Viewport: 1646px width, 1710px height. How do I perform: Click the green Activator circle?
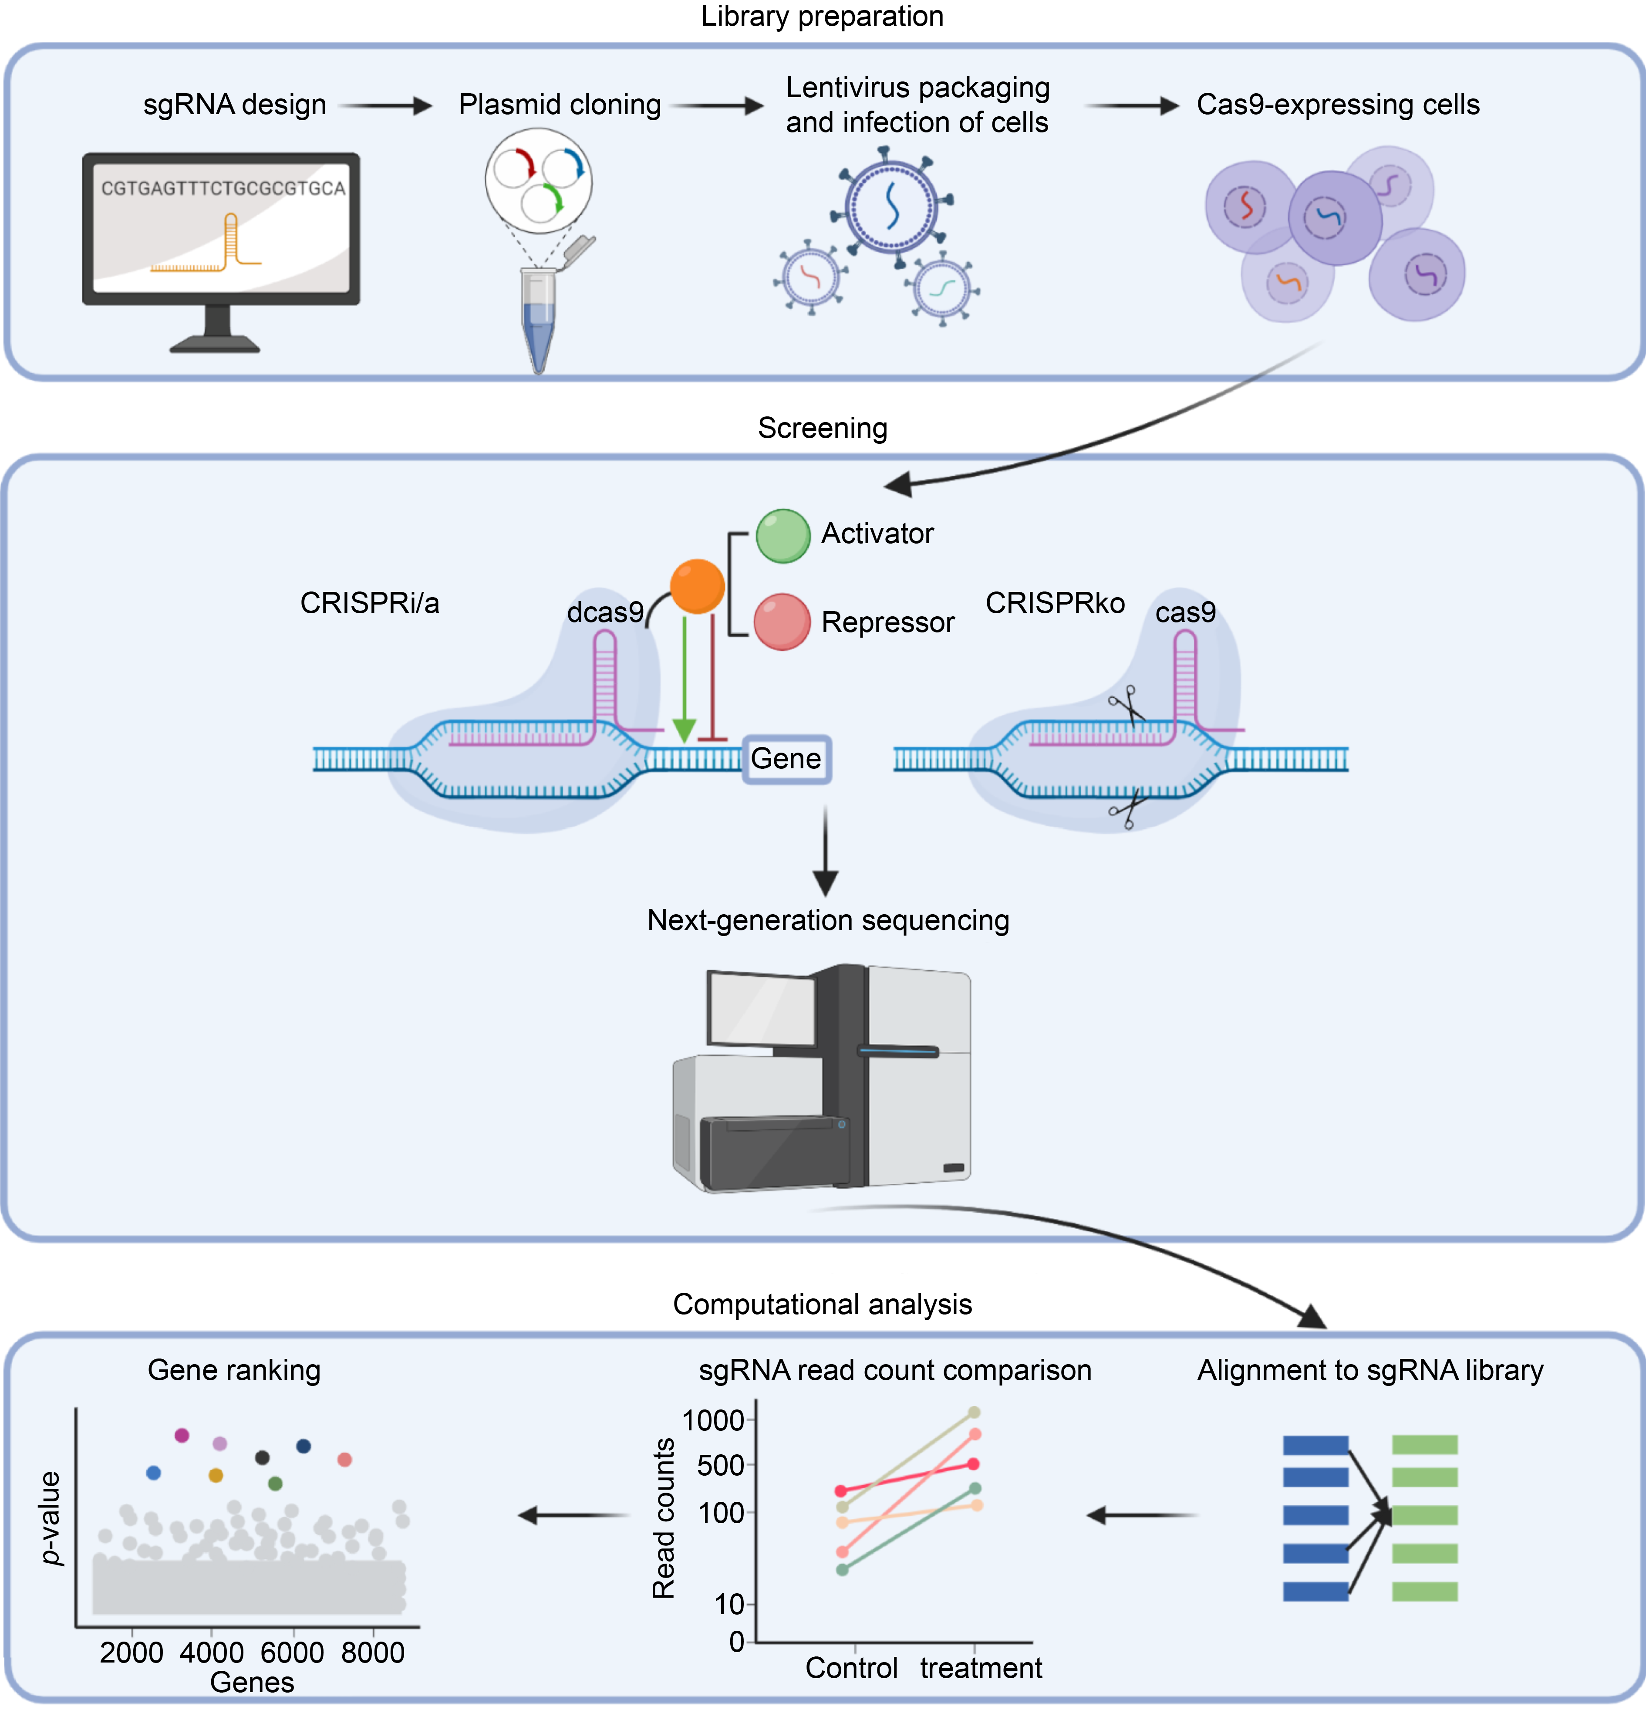(783, 536)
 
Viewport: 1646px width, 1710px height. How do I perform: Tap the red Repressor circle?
(782, 621)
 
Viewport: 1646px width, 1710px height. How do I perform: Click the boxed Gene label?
(786, 759)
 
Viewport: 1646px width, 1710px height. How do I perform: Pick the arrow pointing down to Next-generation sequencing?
(825, 851)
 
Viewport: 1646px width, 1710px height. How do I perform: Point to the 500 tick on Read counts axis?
(721, 1466)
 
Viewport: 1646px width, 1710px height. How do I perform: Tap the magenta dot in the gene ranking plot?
(182, 1435)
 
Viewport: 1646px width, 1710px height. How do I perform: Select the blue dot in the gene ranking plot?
(154, 1473)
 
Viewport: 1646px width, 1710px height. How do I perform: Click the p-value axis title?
(51, 1518)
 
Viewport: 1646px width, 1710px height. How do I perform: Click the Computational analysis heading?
(822, 1304)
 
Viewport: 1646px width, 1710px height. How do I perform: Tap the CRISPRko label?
(1055, 603)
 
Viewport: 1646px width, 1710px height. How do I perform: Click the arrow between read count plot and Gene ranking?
(573, 1515)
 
